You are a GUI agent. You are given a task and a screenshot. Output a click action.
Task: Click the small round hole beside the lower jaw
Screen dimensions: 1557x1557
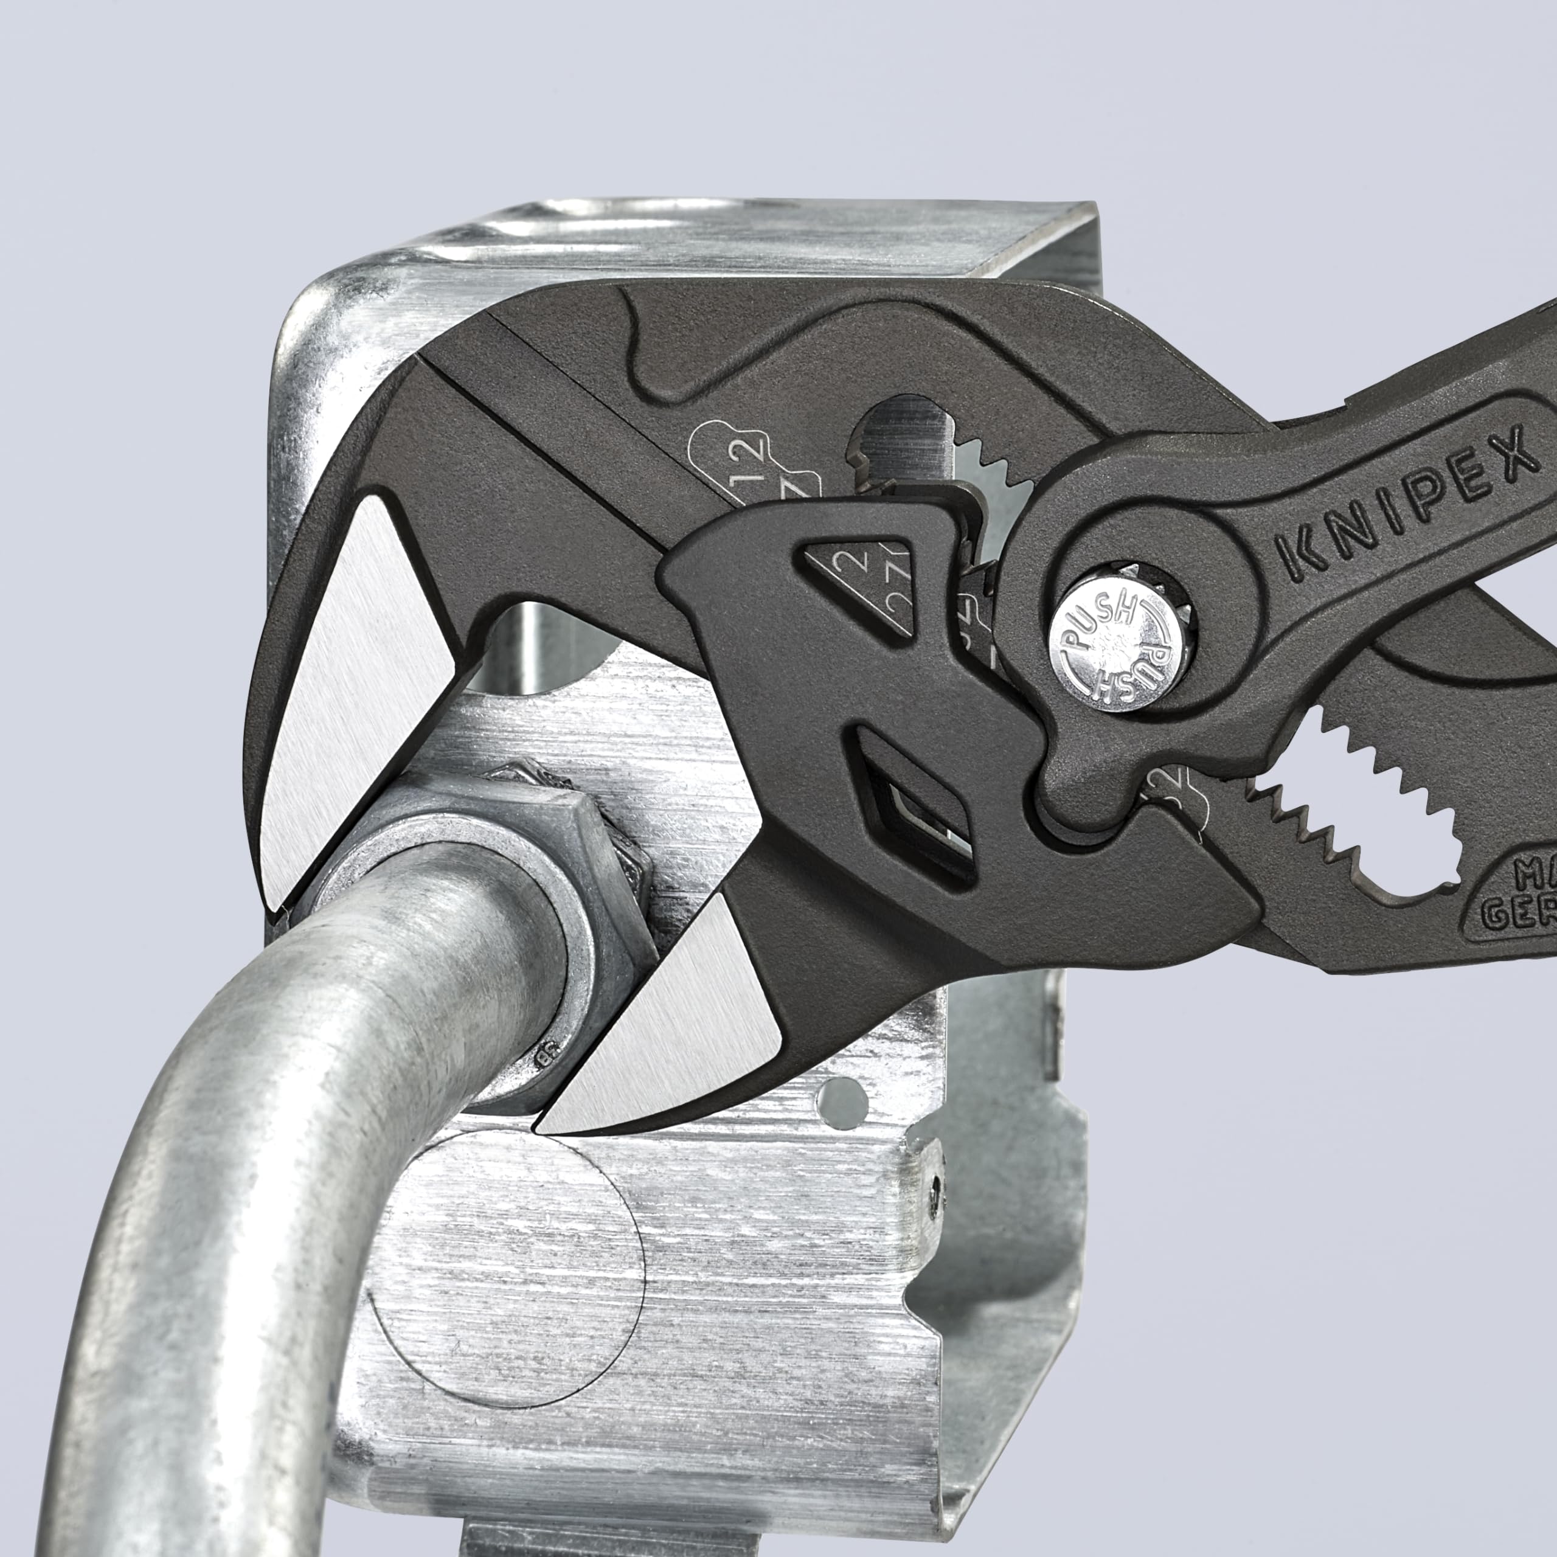tap(839, 1095)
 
